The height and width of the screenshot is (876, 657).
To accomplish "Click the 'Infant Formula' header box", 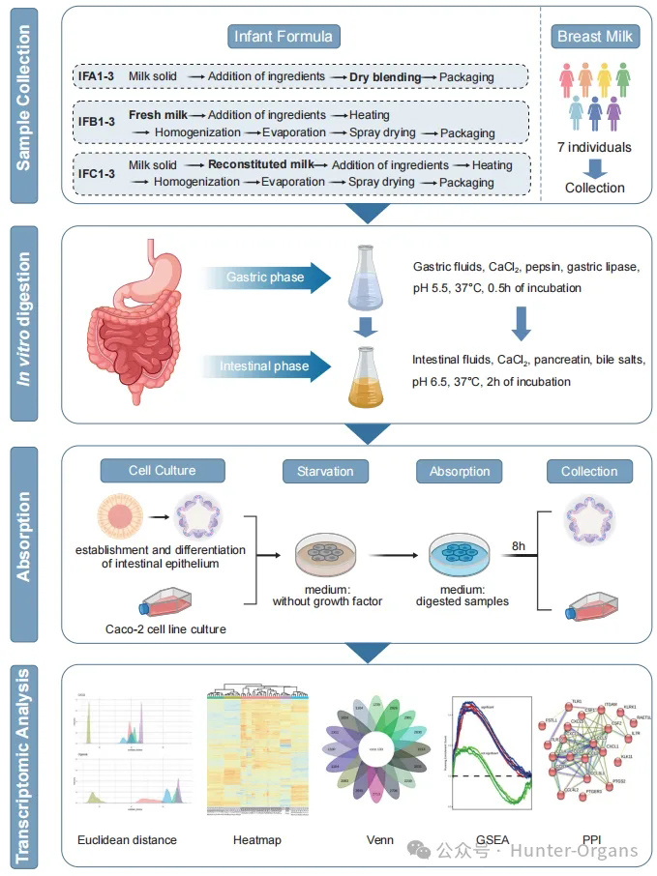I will point(283,38).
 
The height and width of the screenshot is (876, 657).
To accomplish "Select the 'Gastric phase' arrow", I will point(265,277).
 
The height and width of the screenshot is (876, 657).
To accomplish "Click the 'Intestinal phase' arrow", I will point(265,365).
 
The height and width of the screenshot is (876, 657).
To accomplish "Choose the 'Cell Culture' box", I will point(162,471).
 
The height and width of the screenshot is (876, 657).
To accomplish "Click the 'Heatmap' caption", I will point(256,840).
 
